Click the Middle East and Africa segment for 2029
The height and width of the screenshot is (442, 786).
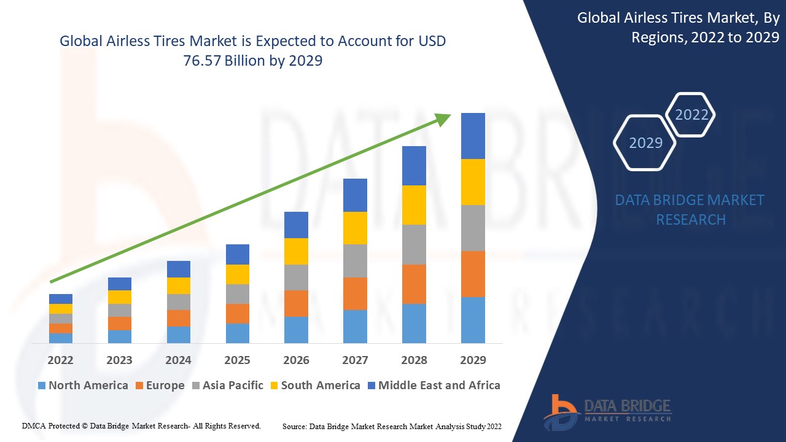click(473, 136)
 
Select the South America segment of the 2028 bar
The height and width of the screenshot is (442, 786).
click(414, 205)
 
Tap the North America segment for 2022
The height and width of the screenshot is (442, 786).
click(61, 338)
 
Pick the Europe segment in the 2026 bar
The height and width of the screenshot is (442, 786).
click(296, 303)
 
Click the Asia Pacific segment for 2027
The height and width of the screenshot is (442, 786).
click(355, 261)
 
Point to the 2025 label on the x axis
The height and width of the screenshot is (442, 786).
click(237, 360)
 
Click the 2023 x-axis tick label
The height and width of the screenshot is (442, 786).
click(119, 360)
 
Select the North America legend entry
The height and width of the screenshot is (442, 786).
click(82, 386)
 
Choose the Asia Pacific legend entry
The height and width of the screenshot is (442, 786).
click(228, 386)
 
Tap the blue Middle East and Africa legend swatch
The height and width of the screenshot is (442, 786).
click(370, 386)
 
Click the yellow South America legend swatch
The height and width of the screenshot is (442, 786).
click(273, 386)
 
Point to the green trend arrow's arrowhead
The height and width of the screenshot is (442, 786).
click(443, 118)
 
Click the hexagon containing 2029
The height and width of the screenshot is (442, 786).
click(645, 142)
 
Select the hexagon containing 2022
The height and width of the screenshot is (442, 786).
click(691, 115)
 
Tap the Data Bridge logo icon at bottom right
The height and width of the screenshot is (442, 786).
click(561, 411)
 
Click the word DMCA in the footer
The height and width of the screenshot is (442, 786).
click(34, 425)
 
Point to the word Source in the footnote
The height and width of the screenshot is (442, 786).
click(295, 425)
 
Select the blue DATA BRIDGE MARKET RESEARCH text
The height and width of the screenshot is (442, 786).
click(690, 209)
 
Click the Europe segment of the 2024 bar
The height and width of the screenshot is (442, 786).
click(179, 318)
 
